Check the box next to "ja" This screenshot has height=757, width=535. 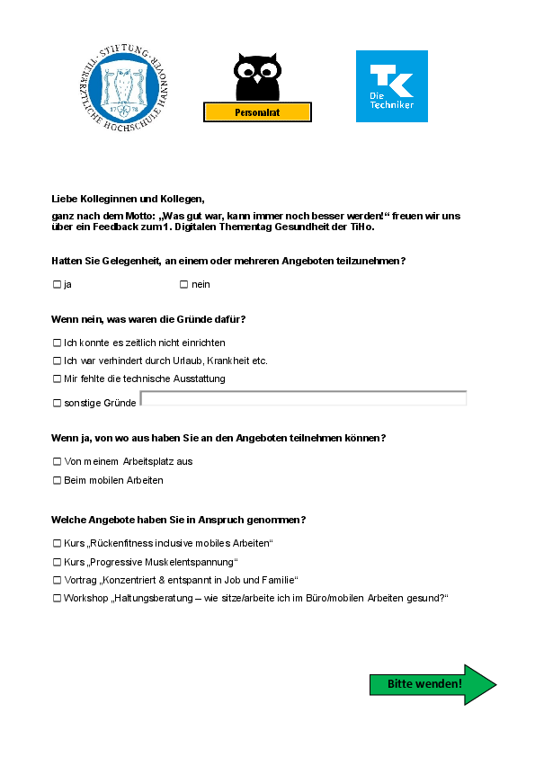pyautogui.click(x=57, y=285)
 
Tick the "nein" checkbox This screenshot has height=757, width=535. pyautogui.click(x=183, y=285)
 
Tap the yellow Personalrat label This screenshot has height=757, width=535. pyautogui.click(x=257, y=112)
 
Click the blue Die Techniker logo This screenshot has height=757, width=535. pyautogui.click(x=391, y=86)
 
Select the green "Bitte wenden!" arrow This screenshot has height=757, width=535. pyautogui.click(x=432, y=685)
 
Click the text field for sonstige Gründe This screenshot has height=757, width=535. pyautogui.click(x=304, y=398)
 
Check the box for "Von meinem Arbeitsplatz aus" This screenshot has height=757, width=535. pyautogui.click(x=57, y=462)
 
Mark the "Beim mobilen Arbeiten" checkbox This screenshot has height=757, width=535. pyautogui.click(x=57, y=481)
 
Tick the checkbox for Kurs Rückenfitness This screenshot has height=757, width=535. pyautogui.click(x=57, y=544)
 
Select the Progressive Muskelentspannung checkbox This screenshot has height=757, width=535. pyautogui.click(x=57, y=562)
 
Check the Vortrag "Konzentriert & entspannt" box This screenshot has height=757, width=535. pyautogui.click(x=57, y=581)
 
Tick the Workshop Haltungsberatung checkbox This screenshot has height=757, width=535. pyautogui.click(x=57, y=599)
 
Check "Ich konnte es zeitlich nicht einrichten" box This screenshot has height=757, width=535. pyautogui.click(x=57, y=343)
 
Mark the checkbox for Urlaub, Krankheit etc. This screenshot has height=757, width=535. pyautogui.click(x=57, y=361)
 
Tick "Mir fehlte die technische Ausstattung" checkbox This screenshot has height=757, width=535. pyautogui.click(x=57, y=379)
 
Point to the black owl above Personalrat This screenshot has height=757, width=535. pyautogui.click(x=257, y=76)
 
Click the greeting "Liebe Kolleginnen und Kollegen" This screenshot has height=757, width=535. pyautogui.click(x=128, y=199)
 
